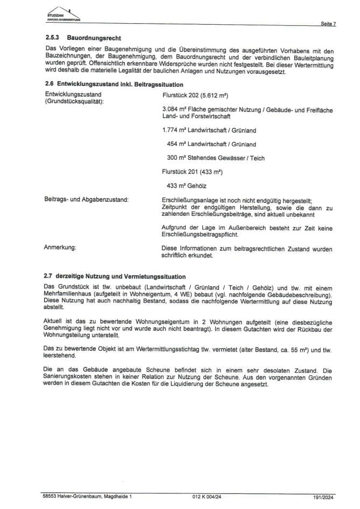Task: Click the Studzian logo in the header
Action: pos(63,15)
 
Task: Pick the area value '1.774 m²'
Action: pos(174,130)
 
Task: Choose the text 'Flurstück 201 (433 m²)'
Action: pos(192,172)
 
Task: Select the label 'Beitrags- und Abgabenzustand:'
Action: pos(86,200)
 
